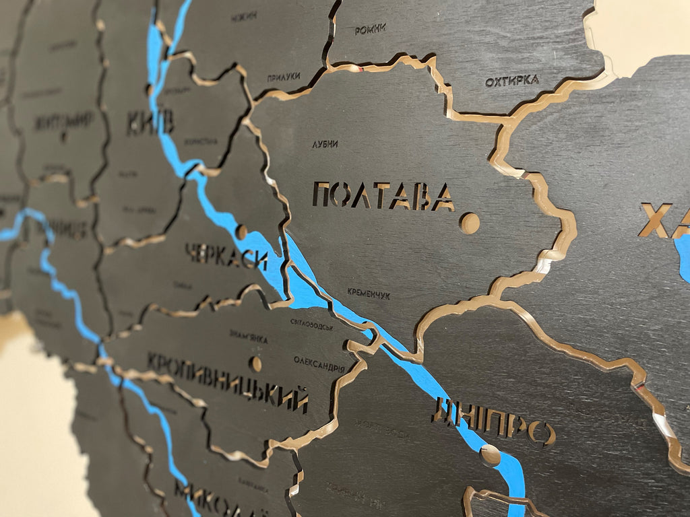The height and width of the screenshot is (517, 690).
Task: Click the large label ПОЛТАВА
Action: pos(383,196)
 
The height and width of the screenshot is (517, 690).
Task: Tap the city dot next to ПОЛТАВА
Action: pos(470,222)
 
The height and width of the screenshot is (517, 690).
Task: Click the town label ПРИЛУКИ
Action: pos(283,77)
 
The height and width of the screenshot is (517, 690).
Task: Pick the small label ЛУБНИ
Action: pos(325,144)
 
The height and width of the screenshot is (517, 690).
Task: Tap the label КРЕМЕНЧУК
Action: pos(369,294)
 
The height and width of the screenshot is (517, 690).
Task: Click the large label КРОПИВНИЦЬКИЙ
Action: pos(228,382)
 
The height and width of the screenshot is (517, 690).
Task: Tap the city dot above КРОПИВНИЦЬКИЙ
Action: pos(256,364)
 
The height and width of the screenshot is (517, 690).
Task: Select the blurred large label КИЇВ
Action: pos(150,122)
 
